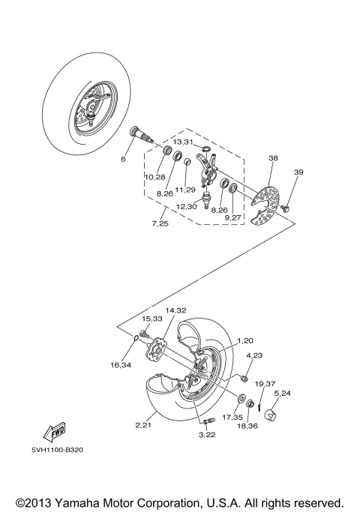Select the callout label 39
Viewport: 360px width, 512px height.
click(298, 173)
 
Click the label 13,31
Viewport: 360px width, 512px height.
click(183, 141)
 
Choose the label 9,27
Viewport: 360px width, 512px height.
click(233, 217)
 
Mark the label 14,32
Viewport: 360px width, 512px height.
click(175, 310)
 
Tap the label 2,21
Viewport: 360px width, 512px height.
click(145, 426)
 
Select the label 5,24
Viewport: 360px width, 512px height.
click(283, 392)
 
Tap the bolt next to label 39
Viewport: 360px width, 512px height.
click(286, 208)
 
